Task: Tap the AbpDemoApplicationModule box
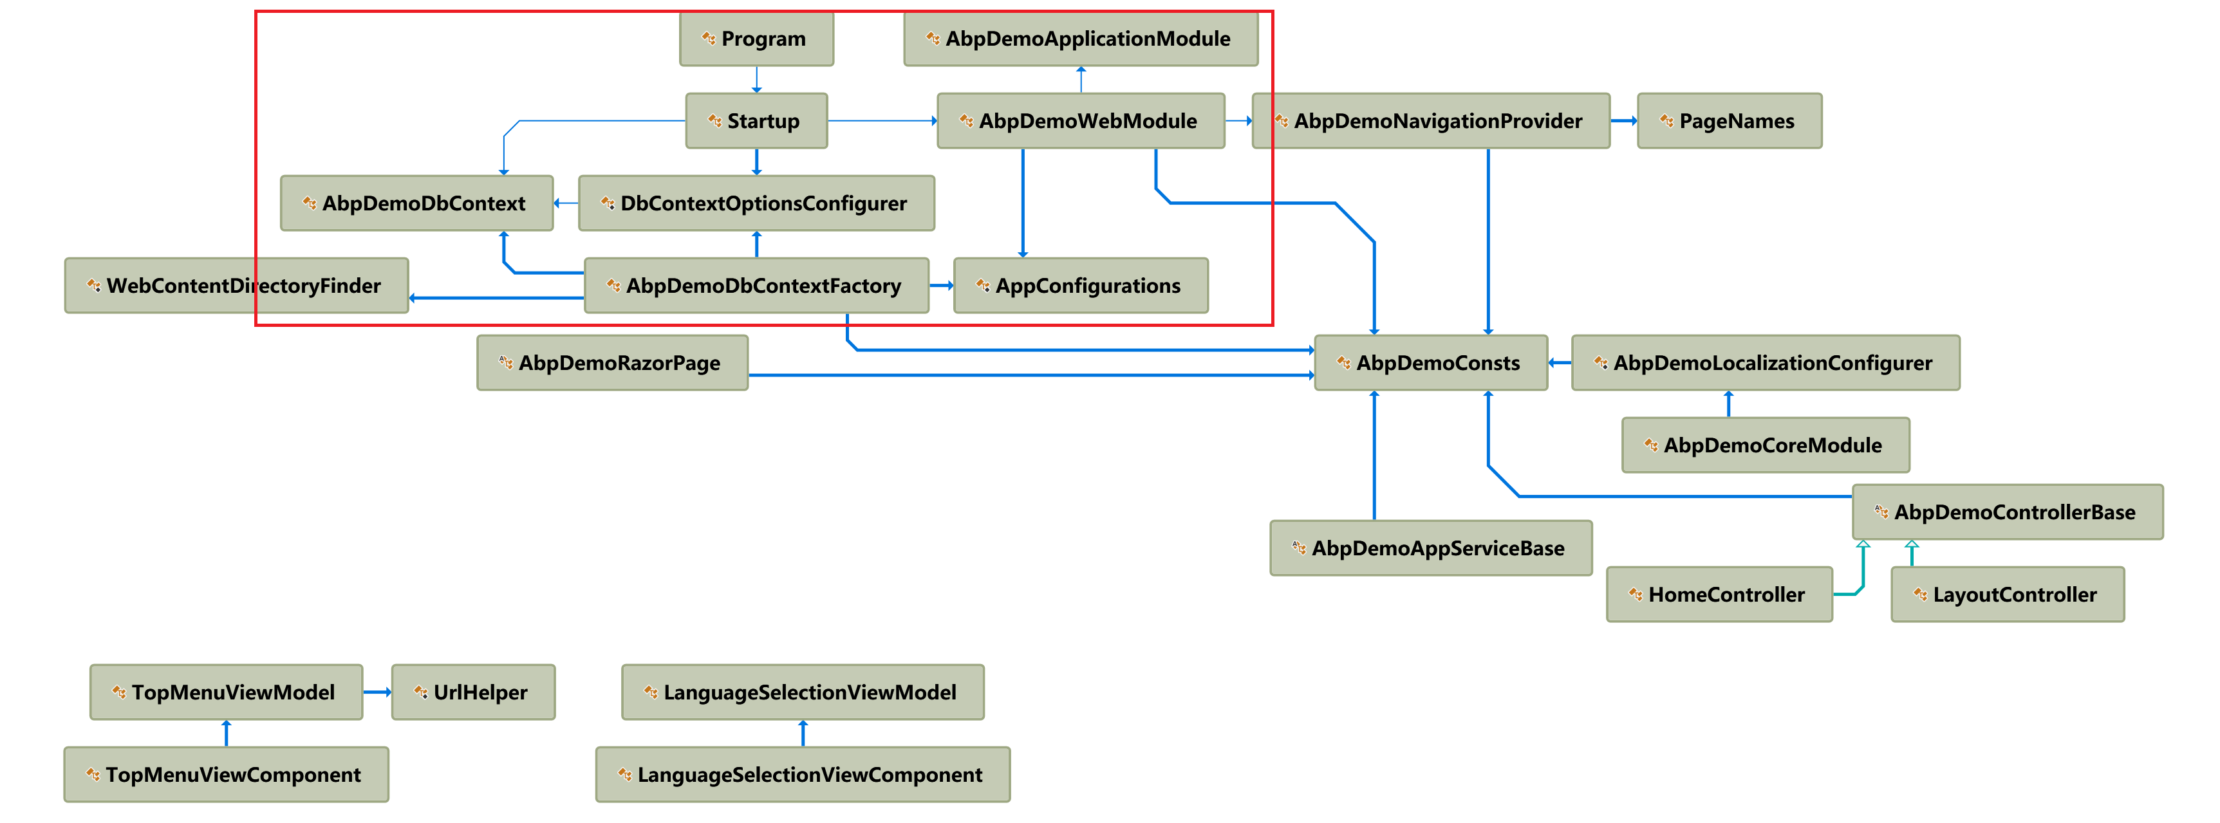click(1080, 39)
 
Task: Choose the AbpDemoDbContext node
click(416, 203)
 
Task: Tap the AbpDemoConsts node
click(1431, 363)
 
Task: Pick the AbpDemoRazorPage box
click(612, 363)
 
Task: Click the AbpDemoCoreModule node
click(1765, 445)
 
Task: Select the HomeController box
click(1719, 595)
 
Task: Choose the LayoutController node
click(2007, 595)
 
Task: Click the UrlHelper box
click(473, 692)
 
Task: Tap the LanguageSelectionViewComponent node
click(803, 775)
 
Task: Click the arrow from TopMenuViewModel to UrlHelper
click(377, 692)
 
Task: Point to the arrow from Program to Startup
click(757, 79)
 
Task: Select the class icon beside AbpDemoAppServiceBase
click(1299, 548)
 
